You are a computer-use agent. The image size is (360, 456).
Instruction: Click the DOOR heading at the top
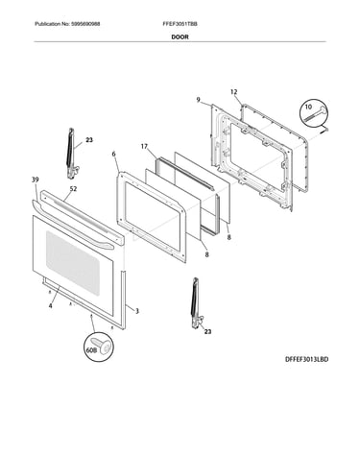[x=180, y=36]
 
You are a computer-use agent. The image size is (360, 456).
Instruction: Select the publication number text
[x=67, y=24]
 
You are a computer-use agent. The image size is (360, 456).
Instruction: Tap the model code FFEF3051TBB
[x=180, y=24]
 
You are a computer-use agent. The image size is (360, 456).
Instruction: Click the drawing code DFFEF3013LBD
[x=306, y=359]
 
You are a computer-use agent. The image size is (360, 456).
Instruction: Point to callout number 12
[x=234, y=92]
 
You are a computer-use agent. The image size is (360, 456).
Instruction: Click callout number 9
[x=199, y=100]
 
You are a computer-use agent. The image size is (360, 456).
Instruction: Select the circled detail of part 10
[x=314, y=114]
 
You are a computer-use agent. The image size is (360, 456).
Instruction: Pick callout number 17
[x=144, y=147]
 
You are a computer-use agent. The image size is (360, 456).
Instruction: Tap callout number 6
[x=113, y=154]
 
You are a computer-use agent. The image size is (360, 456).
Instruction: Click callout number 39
[x=36, y=180]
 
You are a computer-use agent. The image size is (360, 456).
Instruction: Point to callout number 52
[x=73, y=189]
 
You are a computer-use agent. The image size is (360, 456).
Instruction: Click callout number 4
[x=50, y=306]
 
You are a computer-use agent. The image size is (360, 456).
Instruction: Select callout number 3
[x=137, y=311]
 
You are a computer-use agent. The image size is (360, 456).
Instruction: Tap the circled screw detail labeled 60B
[x=100, y=348]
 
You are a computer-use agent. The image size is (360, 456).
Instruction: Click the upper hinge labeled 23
[x=71, y=153]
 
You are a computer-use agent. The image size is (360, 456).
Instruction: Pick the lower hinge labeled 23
[x=196, y=303]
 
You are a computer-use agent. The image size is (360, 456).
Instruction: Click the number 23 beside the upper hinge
[x=89, y=140]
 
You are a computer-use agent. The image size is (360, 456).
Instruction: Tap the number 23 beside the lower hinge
[x=207, y=332]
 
